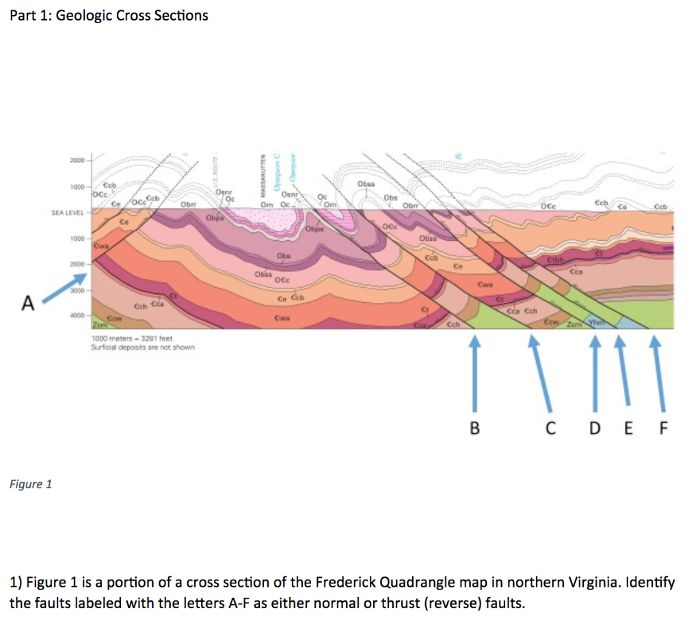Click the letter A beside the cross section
[27, 302]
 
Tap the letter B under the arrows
[475, 429]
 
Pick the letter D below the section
[594, 429]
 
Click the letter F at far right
[662, 429]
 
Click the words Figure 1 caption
[31, 484]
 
